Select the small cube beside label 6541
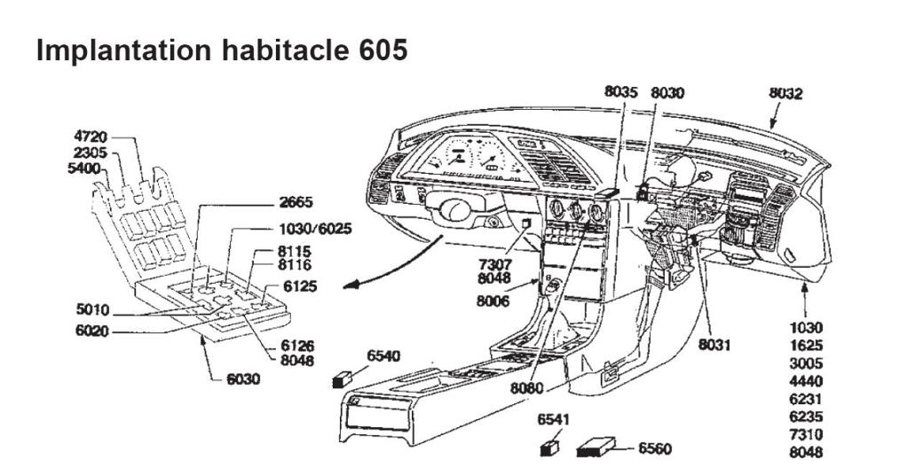coord(549,449)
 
